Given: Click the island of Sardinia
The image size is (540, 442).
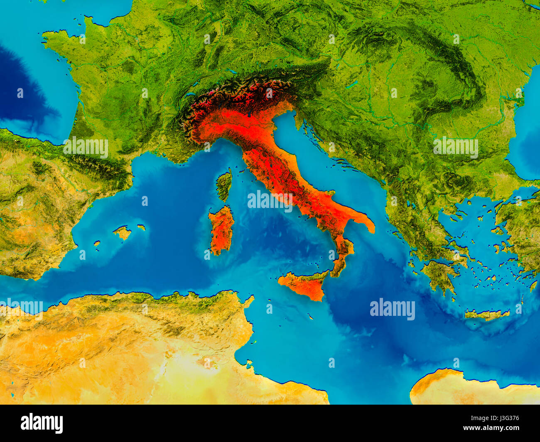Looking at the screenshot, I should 221,230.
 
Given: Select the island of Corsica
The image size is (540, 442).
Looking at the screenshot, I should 224,185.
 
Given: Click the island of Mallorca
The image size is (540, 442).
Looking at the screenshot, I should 122,233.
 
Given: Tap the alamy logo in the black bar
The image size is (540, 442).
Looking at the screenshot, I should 42,423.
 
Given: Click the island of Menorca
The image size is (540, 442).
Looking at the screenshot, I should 141,227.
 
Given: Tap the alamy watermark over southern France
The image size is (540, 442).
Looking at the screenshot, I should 86,147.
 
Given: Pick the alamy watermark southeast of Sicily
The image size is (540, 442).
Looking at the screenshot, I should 392,309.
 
